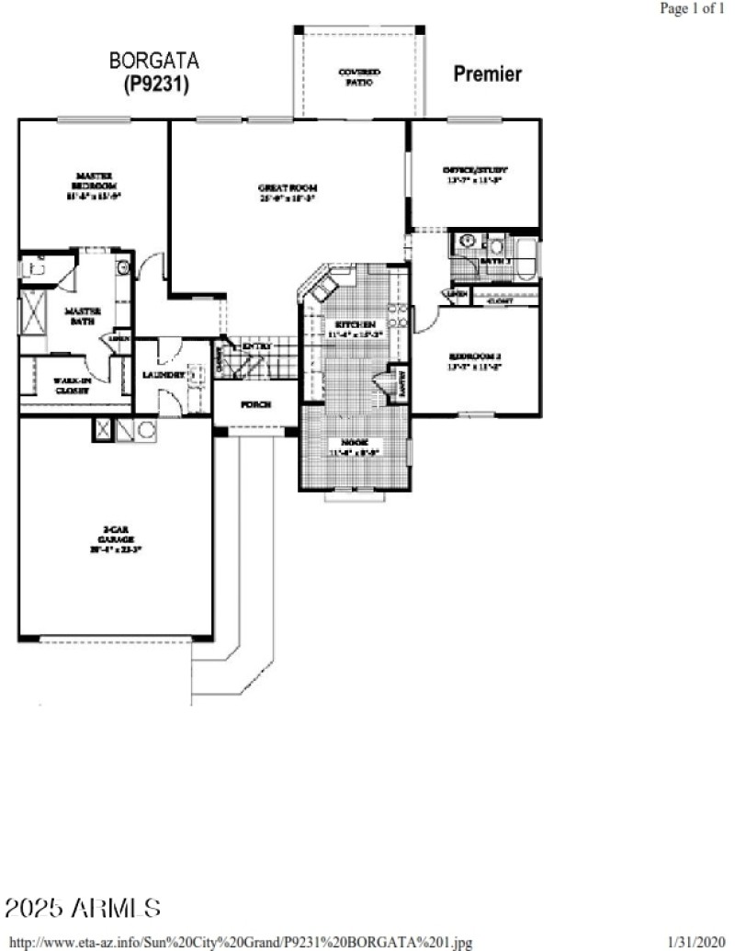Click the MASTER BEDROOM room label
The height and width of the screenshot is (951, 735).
pos(94,177)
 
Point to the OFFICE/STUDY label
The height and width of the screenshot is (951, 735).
pos(475,170)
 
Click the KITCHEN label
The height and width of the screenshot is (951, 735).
pos(352,325)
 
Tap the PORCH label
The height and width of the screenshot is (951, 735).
pos(254,403)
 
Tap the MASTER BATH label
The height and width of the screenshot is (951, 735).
pos(82,316)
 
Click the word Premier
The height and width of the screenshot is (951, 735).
pos(488,74)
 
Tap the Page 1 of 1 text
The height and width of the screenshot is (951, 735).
pos(692,8)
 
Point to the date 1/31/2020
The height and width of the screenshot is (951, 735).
pos(696,943)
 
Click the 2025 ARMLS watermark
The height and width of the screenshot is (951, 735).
pos(83,909)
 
